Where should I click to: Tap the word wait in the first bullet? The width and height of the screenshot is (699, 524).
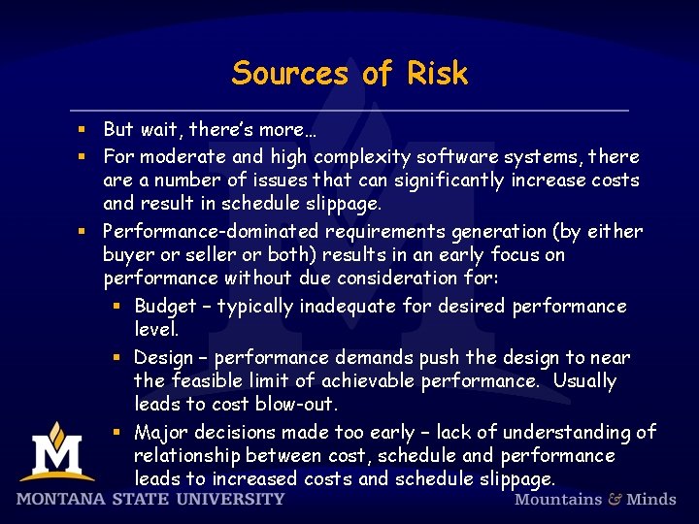click(x=161, y=129)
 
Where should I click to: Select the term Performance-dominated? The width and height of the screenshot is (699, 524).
click(x=212, y=231)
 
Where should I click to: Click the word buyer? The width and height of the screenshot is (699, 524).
click(x=127, y=254)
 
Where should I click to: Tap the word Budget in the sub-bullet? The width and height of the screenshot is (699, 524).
click(x=165, y=307)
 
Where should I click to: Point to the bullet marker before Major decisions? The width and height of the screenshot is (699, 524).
click(x=116, y=432)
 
